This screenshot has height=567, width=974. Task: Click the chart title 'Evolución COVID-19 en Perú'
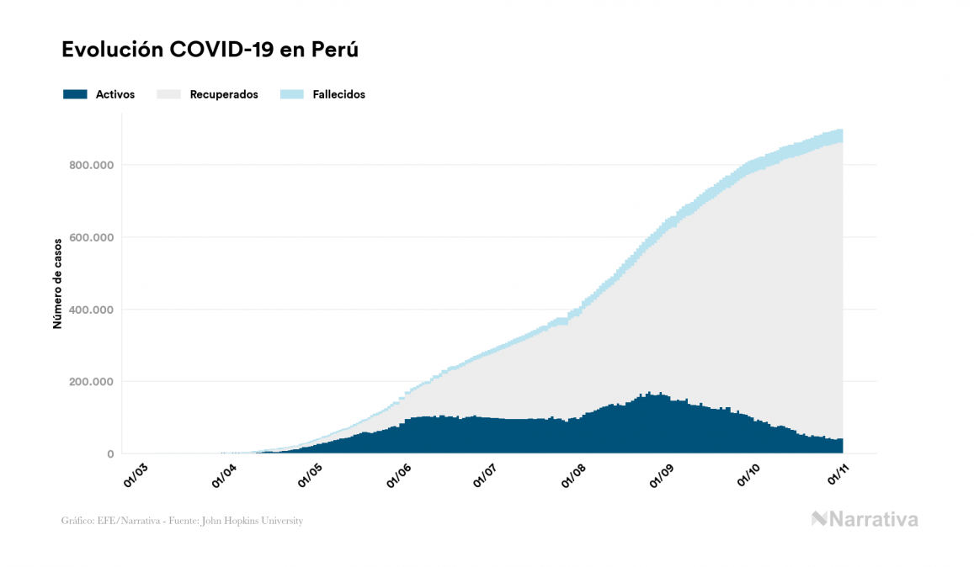tap(210, 50)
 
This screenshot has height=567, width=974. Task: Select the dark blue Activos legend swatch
tap(75, 94)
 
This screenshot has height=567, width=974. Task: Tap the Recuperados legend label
tap(224, 94)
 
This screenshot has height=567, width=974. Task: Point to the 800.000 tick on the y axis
tap(92, 165)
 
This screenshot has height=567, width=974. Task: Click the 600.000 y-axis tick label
tap(92, 237)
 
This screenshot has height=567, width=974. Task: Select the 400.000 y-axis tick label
tap(92, 310)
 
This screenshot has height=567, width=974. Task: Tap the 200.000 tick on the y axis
tap(92, 382)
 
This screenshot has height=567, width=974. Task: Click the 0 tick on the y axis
tap(109, 454)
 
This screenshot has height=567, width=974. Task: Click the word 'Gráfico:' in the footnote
tap(77, 521)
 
